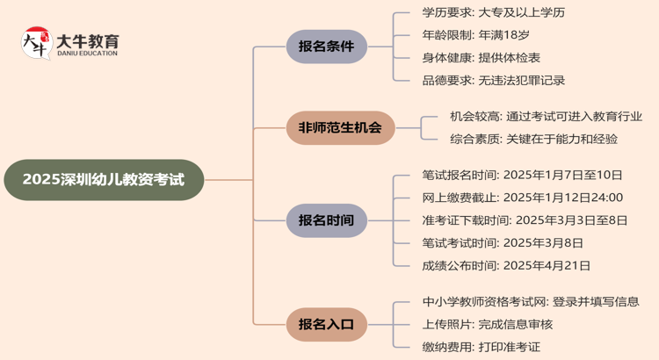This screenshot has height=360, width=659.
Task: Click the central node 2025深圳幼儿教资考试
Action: tap(103, 180)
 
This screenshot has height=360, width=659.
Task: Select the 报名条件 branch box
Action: tap(326, 47)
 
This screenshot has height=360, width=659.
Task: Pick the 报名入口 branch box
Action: tap(326, 324)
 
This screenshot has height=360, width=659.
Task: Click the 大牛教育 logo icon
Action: tap(35, 44)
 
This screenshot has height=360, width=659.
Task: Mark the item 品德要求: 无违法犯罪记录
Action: tap(493, 80)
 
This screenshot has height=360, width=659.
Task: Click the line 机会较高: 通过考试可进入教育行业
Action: tap(546, 116)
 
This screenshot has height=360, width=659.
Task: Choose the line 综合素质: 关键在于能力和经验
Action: tap(533, 139)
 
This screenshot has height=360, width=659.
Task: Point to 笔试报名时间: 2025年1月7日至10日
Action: tap(522, 175)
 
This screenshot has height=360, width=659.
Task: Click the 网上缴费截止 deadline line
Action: tap(522, 198)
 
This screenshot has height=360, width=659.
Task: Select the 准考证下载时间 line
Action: tap(522, 220)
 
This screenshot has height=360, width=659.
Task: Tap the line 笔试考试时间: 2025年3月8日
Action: tap(503, 243)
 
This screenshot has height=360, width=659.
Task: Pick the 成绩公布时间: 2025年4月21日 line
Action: tap(506, 265)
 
